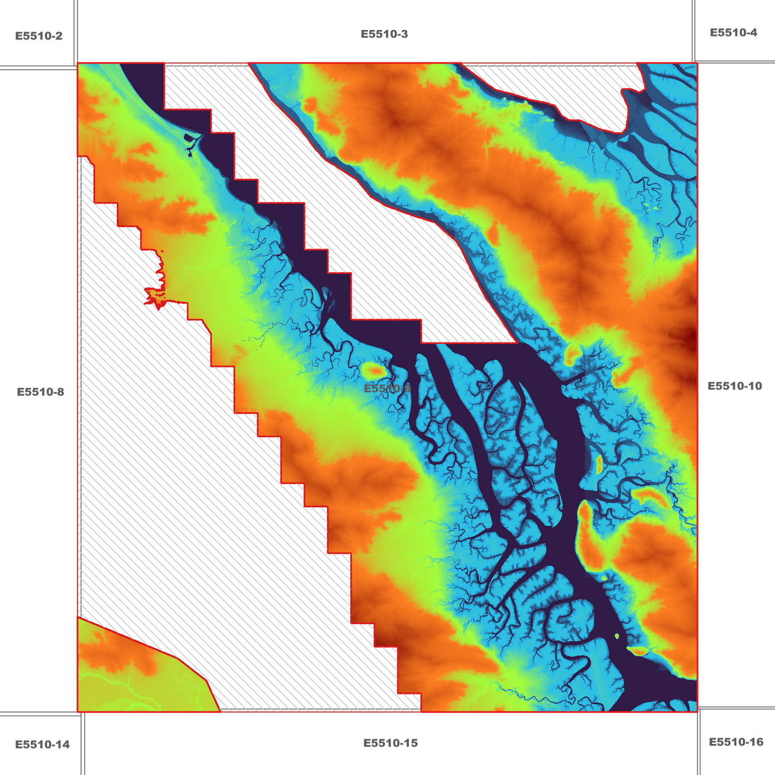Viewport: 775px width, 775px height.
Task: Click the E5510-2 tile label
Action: coord(39,36)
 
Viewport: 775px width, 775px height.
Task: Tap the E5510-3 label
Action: coord(384,34)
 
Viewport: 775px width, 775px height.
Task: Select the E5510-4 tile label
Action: coord(733,33)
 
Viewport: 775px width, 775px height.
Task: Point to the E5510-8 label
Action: coord(40,392)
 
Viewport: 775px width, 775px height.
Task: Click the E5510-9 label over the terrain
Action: coord(387,388)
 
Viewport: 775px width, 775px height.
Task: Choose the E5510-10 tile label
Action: coord(734,386)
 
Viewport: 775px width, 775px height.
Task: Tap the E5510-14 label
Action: coord(42,744)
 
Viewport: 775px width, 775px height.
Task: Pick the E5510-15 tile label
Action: coord(390,743)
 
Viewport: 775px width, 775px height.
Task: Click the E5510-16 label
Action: coord(736,742)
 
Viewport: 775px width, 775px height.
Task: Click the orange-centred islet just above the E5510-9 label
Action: coord(374,370)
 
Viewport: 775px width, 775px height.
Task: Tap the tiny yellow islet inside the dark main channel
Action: coord(617,636)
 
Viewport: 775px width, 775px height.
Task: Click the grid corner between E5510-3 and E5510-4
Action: coord(693,62)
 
